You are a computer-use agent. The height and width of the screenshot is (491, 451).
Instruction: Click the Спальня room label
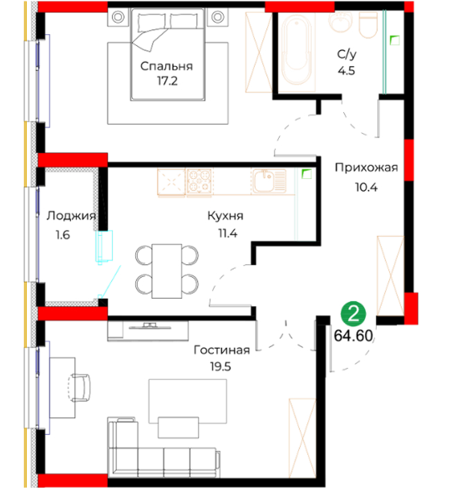(166, 66)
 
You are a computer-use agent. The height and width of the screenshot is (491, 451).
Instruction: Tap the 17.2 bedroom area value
(167, 81)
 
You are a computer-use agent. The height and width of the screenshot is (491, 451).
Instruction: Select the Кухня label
(225, 216)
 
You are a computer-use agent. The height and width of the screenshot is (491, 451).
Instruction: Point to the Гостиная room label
(222, 350)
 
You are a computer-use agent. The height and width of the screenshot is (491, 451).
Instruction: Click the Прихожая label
(367, 168)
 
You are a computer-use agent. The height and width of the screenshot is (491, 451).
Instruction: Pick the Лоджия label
(71, 216)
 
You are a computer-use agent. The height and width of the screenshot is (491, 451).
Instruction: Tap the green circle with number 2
(353, 314)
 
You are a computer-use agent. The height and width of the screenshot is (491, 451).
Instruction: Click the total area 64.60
(353, 335)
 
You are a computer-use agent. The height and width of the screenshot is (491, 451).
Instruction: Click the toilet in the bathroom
(367, 25)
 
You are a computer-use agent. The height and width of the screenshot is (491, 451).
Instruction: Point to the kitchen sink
(270, 181)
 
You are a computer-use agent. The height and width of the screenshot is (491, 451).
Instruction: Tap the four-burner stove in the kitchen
(199, 182)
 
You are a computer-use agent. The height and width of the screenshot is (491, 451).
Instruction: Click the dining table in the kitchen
(167, 271)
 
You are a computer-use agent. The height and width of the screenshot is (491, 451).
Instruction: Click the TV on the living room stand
(149, 326)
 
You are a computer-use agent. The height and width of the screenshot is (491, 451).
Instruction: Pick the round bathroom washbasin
(341, 21)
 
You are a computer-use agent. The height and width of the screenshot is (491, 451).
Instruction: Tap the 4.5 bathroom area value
(347, 70)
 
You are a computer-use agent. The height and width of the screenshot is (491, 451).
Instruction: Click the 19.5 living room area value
(220, 366)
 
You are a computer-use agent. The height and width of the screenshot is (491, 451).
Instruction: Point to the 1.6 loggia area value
(63, 234)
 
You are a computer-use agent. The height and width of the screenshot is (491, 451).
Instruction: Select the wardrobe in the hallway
(390, 275)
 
